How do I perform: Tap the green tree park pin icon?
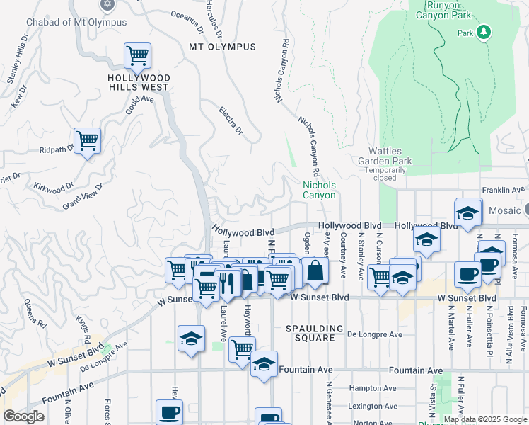pyautogui.click(x=484, y=32)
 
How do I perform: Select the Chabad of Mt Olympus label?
pyautogui.click(x=76, y=22)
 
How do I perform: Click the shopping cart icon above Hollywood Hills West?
pyautogui.click(x=137, y=55)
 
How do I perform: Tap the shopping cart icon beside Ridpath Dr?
pyautogui.click(x=87, y=140)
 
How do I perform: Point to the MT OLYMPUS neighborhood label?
pyautogui.click(x=222, y=47)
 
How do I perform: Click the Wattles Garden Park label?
pyautogui.click(x=395, y=156)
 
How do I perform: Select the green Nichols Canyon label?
pyautogui.click(x=319, y=190)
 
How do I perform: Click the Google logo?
pyautogui.click(x=23, y=416)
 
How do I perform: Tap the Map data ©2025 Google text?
pyautogui.click(x=485, y=419)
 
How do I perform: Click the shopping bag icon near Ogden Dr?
pyautogui.click(x=314, y=270)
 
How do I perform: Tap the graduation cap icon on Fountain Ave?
pyautogui.click(x=264, y=364)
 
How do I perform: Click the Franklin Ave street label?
pyautogui.click(x=504, y=189)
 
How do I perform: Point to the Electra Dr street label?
pyautogui.click(x=231, y=121)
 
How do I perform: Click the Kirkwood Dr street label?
pyautogui.click(x=54, y=187)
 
